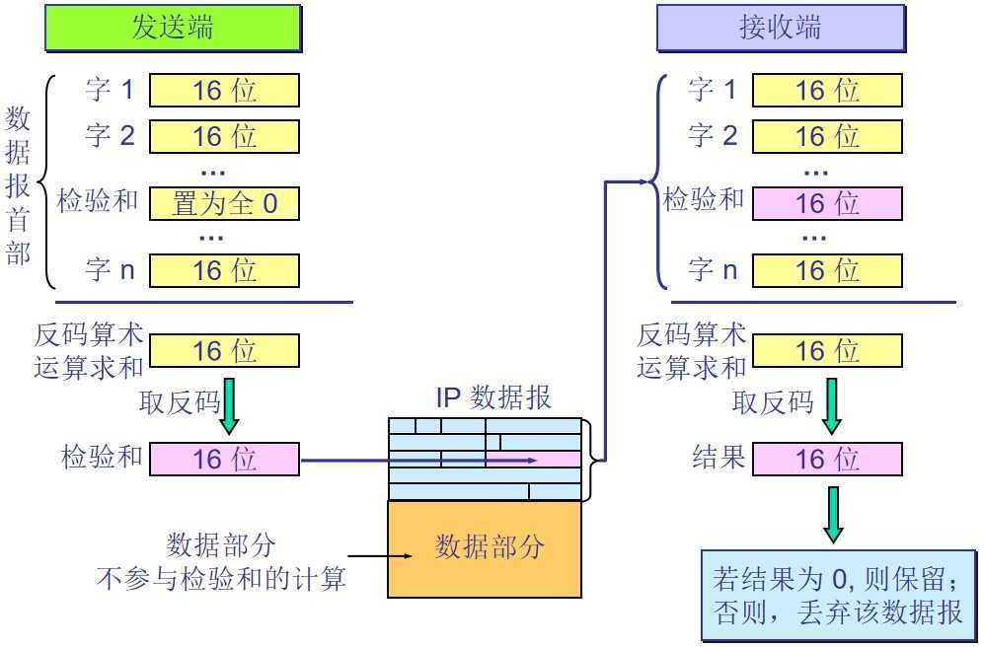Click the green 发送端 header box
click(x=173, y=28)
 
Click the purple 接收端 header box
click(x=780, y=28)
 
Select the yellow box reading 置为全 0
click(x=224, y=204)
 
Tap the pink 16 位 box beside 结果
click(x=827, y=459)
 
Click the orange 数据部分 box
click(x=489, y=548)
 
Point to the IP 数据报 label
click(x=493, y=398)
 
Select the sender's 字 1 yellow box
click(x=224, y=91)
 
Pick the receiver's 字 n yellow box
click(x=827, y=270)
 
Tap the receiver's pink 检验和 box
click(x=827, y=204)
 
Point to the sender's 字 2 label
click(x=110, y=135)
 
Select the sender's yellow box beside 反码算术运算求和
click(x=224, y=351)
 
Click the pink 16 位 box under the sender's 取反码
click(x=224, y=459)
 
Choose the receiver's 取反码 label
click(x=773, y=402)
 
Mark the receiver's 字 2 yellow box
click(x=827, y=136)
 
